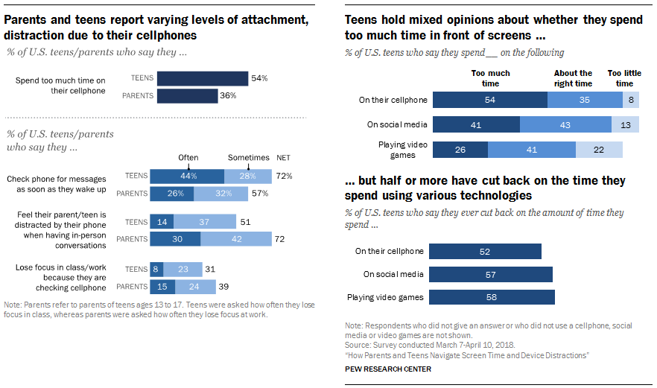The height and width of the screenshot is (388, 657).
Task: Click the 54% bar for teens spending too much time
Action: [202, 78]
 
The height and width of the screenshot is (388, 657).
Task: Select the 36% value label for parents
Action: [228, 95]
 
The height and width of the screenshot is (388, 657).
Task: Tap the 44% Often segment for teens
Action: [187, 176]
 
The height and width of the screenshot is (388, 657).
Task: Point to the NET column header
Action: [283, 159]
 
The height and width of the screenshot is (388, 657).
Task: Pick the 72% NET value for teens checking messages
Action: [283, 176]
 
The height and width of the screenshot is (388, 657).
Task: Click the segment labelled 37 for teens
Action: [205, 221]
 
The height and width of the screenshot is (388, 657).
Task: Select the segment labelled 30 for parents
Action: [175, 239]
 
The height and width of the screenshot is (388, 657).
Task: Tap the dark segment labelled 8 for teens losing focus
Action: [156, 269]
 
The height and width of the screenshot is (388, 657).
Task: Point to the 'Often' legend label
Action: [188, 159]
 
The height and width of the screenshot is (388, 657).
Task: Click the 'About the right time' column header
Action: [573, 78]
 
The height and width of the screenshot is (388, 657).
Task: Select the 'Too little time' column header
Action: [624, 78]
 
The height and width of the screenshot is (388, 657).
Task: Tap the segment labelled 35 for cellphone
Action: [585, 100]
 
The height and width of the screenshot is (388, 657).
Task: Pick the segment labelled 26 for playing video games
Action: [460, 150]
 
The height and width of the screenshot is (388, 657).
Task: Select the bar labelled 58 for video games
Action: [492, 297]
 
